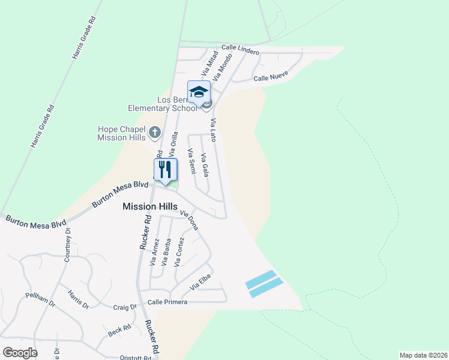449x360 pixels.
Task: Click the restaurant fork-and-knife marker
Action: click(x=166, y=170)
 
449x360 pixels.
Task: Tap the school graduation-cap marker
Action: click(x=199, y=92)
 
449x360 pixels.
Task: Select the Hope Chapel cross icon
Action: click(x=154, y=132)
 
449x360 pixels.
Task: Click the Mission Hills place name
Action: click(x=150, y=206)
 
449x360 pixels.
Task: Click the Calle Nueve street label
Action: click(x=271, y=76)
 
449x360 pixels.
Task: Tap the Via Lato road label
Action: click(x=213, y=130)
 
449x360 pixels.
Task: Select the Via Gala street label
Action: click(x=205, y=165)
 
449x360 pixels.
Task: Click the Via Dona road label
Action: click(x=189, y=220)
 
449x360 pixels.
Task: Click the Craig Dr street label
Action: click(x=125, y=307)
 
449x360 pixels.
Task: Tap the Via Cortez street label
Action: click(x=179, y=251)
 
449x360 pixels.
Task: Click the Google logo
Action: click(x=20, y=353)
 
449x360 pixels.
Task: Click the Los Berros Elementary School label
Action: click(x=162, y=104)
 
